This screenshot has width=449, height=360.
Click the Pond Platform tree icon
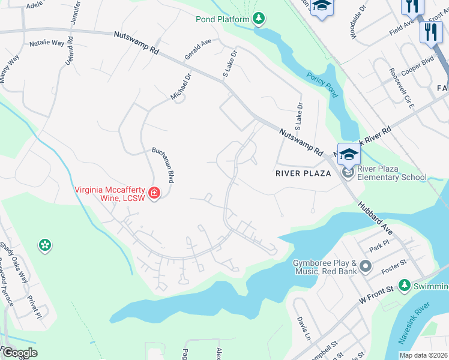pos(259,19)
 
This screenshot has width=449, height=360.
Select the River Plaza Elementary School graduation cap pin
pos(348,154)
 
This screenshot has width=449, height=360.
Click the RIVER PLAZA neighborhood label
pos(303,173)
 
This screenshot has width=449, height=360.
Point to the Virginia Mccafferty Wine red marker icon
pos(154,193)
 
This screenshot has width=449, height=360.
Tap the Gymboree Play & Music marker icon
pos(366,266)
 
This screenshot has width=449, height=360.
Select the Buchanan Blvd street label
pos(163,166)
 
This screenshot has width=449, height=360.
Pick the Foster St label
pos(393,266)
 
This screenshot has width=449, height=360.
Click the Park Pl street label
pos(376,248)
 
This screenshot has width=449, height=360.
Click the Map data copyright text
pos(423,355)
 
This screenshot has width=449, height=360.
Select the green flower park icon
pos(44,245)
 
